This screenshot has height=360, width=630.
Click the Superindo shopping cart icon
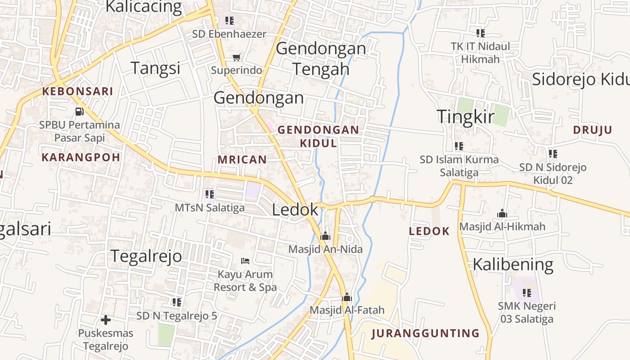coord(237,57)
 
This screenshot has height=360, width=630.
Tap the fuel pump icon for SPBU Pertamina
coord(79,111)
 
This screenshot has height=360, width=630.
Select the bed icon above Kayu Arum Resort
coord(245,261)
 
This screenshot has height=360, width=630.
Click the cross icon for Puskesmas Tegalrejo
coord(106,320)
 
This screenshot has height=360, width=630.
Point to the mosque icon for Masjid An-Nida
coord(325,236)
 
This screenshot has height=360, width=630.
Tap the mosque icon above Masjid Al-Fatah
coord(346,297)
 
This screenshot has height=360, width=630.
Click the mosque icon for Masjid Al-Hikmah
coord(502,213)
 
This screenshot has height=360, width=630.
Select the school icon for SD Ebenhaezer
coord(229,20)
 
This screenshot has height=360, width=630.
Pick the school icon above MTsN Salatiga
coord(210,194)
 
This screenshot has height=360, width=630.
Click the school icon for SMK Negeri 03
coord(526,293)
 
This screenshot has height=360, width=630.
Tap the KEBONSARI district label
coord(77,91)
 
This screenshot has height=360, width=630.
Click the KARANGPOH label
coord(81,157)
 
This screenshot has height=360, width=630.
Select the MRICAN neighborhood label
coord(242,159)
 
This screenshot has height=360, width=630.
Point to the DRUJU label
coord(593,130)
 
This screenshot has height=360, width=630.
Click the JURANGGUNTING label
coord(426,333)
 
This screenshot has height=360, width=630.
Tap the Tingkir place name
coord(466,117)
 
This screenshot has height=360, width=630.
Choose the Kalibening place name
coord(513,264)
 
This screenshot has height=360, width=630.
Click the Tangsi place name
coord(155,68)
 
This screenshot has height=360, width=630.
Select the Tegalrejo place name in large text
coord(146,256)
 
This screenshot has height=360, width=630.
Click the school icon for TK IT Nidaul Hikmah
coord(481,33)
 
